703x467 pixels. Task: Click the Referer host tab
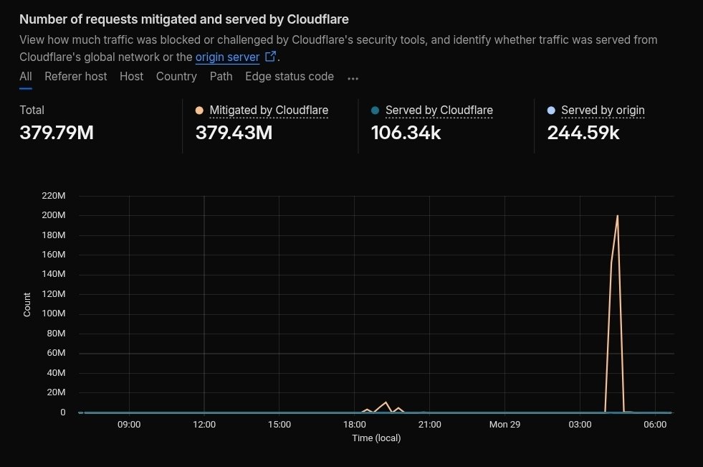pos(75,76)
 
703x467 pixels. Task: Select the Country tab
pos(176,76)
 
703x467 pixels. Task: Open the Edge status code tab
pos(290,76)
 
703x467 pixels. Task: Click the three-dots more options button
pos(353,77)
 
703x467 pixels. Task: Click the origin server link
pos(227,57)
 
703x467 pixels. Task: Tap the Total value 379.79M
pos(57,133)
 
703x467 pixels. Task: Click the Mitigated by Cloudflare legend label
pos(269,110)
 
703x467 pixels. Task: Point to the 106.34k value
pos(406,133)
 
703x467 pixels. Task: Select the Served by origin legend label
pos(603,110)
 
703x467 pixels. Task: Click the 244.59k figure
pos(583,133)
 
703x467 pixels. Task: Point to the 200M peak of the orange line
pos(617,215)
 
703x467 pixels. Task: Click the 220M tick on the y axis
pos(54,196)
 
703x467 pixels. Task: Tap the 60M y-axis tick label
pos(57,353)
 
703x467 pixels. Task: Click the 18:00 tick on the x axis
pos(354,424)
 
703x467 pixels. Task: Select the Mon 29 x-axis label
pos(504,424)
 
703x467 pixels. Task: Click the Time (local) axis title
pos(376,438)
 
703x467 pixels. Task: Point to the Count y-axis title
pos(27,304)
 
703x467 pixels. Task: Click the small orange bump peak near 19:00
pos(386,402)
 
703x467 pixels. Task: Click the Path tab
pos(221,76)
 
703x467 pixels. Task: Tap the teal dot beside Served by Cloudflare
pos(375,110)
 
